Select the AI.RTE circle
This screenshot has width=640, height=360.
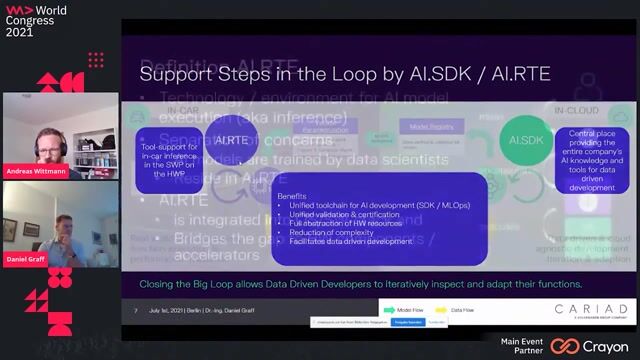tap(231, 140)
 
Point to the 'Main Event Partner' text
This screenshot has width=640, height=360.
tap(522, 346)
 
